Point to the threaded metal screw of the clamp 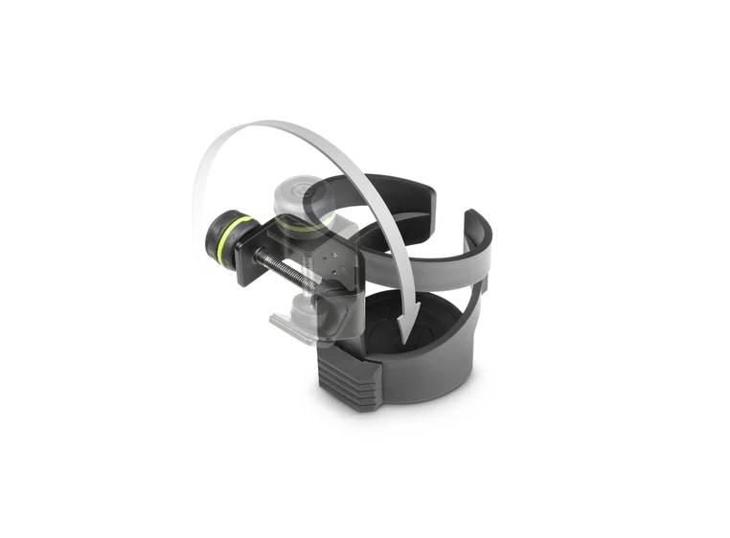(287, 272)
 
